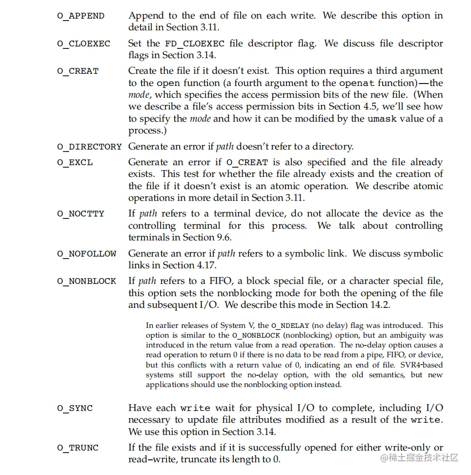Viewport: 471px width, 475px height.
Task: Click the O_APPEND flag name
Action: pyautogui.click(x=81, y=16)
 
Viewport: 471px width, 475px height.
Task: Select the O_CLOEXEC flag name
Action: pyautogui.click(x=83, y=43)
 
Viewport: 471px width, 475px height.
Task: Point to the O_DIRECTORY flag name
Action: pyautogui.click(x=89, y=147)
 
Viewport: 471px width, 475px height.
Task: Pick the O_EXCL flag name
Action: pyautogui.click(x=75, y=162)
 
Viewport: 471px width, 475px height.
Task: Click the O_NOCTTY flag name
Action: pyautogui.click(x=81, y=214)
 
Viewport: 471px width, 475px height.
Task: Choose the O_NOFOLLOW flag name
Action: pyautogui.click(x=86, y=254)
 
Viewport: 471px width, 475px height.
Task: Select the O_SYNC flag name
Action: pyautogui.click(x=75, y=408)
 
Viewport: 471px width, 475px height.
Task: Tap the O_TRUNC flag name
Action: pyautogui.click(x=78, y=448)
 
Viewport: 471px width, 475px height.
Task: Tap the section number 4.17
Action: pyautogui.click(x=205, y=265)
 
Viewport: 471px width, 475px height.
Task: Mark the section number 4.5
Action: pyautogui.click(x=367, y=107)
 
